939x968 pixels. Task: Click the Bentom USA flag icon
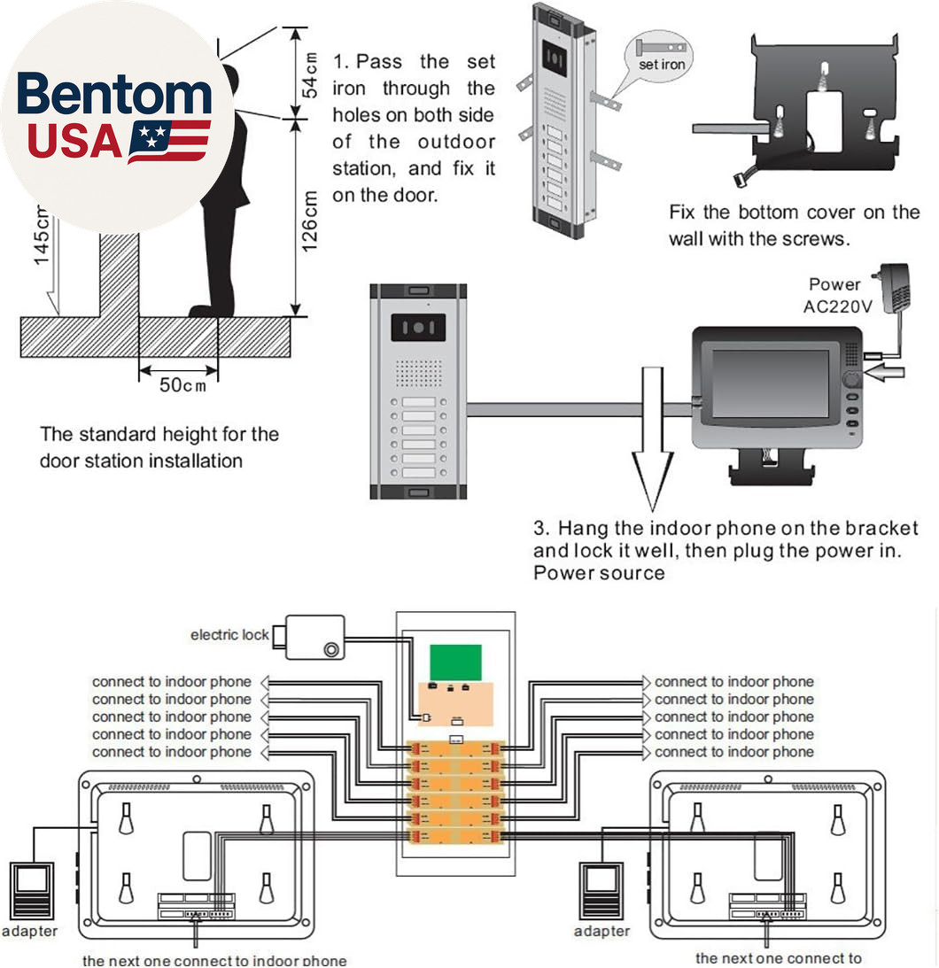click(169, 142)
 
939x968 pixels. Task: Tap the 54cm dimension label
click(309, 75)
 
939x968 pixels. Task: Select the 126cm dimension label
click(309, 221)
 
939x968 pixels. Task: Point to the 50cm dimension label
click(182, 385)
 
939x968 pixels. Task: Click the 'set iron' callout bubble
click(659, 56)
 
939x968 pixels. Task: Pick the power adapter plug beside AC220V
click(893, 288)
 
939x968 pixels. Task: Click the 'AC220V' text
click(838, 306)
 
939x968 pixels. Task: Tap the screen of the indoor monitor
click(771, 383)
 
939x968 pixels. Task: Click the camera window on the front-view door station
click(418, 327)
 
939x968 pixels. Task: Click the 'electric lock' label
click(229, 635)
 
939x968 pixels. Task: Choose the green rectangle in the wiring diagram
click(455, 663)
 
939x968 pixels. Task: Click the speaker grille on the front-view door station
click(419, 373)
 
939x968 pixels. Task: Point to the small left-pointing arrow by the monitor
click(884, 372)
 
